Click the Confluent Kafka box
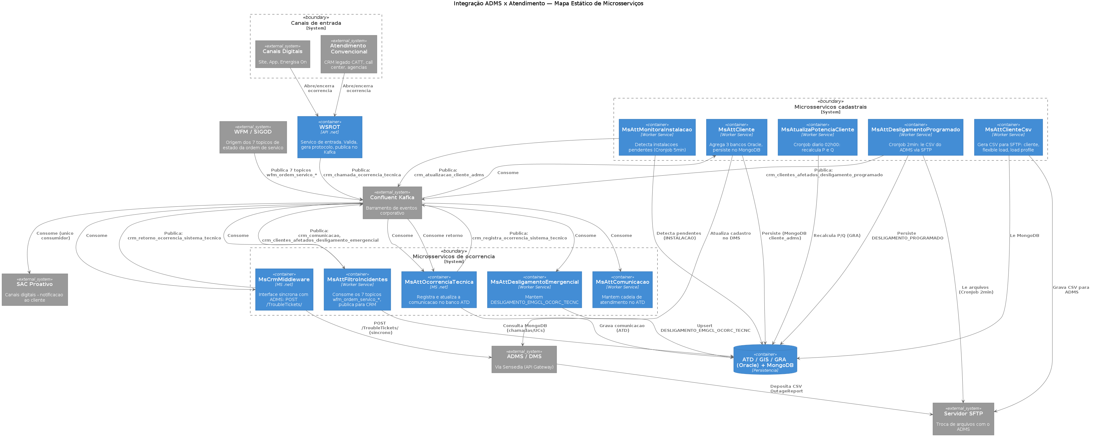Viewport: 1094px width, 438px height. click(392, 203)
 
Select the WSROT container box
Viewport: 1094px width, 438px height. click(330, 137)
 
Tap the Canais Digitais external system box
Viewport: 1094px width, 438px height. click(282, 54)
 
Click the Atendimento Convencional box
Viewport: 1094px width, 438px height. click(349, 54)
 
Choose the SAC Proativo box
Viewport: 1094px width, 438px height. click(35, 289)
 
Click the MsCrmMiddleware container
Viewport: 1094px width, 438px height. click(284, 289)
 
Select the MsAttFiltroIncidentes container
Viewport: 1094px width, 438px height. click(357, 289)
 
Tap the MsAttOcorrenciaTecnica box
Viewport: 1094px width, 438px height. click(439, 289)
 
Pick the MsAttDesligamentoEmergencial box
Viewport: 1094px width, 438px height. click(534, 289)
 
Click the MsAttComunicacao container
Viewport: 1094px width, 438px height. click(622, 289)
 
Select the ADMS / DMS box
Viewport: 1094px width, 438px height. click(524, 359)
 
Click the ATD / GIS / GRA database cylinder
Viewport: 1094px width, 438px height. click(765, 359)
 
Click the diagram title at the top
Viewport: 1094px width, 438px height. click(548, 3)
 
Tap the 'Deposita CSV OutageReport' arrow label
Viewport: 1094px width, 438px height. click(786, 389)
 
